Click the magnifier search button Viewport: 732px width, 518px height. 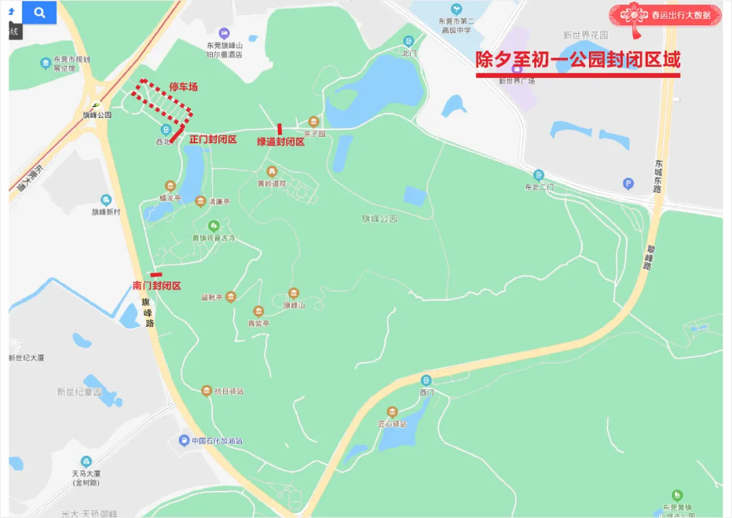[39, 12]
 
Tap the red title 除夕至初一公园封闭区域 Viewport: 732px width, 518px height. [577, 60]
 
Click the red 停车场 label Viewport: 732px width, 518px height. [183, 87]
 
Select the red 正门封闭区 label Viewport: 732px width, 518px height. [213, 139]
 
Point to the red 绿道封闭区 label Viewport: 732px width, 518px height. [281, 141]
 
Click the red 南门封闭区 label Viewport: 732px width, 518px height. [157, 285]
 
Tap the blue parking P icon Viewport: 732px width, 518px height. [628, 183]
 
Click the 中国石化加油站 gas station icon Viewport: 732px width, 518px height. [183, 441]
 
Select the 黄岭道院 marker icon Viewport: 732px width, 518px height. [272, 172]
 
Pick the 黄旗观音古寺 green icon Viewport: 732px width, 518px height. [214, 226]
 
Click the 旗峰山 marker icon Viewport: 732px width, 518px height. [293, 293]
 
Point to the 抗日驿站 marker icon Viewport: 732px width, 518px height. [207, 391]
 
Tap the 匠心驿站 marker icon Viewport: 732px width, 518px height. [392, 412]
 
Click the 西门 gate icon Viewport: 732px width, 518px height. [426, 380]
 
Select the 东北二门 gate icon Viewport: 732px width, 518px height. [539, 175]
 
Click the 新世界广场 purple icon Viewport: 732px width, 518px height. [516, 68]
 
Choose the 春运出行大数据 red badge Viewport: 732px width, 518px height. [664, 15]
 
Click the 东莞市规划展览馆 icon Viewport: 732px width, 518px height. [45, 64]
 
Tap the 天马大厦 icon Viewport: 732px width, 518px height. [86, 462]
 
